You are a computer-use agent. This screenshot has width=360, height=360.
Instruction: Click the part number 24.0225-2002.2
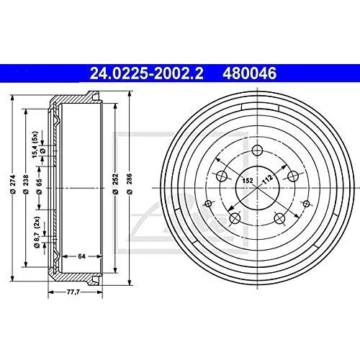(x=146, y=73)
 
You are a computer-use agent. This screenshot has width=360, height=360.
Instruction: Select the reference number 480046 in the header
(x=249, y=73)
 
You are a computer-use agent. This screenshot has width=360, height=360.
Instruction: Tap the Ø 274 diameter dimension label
(x=13, y=184)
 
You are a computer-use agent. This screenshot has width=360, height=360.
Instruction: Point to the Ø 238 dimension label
(x=26, y=184)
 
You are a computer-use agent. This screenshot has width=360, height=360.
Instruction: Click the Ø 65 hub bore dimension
(x=39, y=186)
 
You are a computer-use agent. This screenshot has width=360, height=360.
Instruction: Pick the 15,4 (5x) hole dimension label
(x=35, y=145)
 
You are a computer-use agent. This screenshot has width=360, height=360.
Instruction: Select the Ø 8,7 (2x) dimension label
(x=37, y=233)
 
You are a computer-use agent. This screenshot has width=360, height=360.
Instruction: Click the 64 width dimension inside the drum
(x=81, y=256)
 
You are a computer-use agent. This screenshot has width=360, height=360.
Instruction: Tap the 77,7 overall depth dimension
(x=73, y=292)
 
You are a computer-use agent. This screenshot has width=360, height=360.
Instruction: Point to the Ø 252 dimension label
(x=116, y=184)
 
